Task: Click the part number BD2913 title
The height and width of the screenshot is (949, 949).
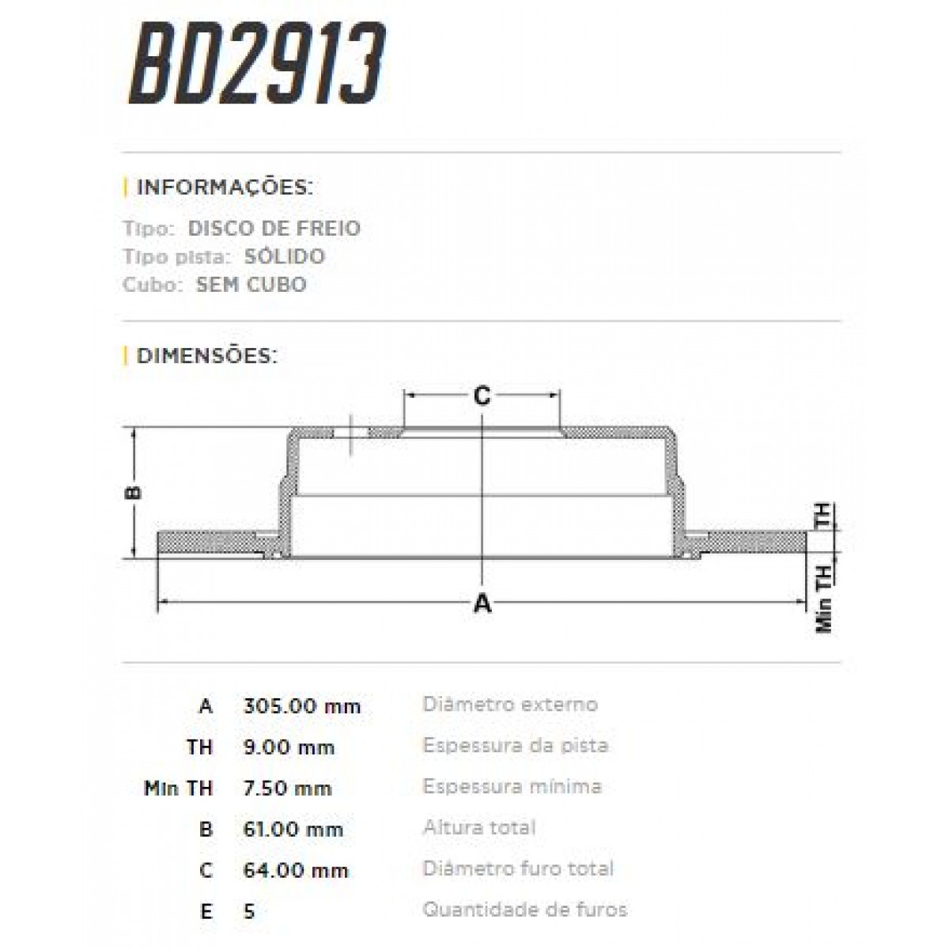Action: [x=256, y=65]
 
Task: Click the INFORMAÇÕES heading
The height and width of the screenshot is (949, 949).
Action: [x=225, y=188]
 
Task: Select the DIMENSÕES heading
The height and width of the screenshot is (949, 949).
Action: [x=207, y=356]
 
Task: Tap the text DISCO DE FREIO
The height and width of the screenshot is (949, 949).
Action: [x=274, y=229]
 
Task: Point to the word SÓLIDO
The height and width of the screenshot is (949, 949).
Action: [x=285, y=256]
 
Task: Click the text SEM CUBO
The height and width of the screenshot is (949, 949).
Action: [x=251, y=285]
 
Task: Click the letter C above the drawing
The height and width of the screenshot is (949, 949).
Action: [x=482, y=396]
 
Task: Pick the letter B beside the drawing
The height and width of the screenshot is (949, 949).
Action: [x=134, y=492]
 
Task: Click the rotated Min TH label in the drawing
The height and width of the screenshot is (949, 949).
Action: [x=823, y=599]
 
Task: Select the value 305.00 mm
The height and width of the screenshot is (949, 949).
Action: [x=302, y=706]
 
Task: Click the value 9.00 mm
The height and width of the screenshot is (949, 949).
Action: [x=289, y=747]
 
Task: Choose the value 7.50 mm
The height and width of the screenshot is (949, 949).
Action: [x=288, y=788]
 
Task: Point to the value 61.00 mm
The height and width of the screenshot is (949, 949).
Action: [x=294, y=830]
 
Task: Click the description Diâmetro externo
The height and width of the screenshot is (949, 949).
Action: [x=510, y=704]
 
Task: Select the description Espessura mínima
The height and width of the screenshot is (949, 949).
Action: [x=512, y=787]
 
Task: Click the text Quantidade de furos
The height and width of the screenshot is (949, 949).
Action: [x=524, y=909]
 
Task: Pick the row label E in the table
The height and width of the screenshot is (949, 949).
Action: [x=206, y=912]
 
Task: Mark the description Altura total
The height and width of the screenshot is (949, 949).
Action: [x=479, y=828]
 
